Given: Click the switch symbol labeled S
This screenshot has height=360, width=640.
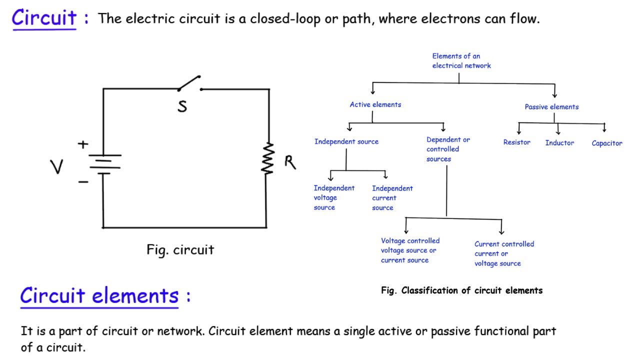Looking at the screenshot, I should pos(189,84).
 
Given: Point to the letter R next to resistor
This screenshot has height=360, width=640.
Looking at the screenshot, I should pos(290,162).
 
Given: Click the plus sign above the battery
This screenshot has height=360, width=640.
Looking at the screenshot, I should pos(83,145).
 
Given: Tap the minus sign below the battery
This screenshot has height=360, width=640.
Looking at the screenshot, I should pos(83,181).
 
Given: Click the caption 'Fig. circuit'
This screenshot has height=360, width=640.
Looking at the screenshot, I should pos(180,249).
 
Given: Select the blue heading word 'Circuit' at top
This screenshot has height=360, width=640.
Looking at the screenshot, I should pos(44,19).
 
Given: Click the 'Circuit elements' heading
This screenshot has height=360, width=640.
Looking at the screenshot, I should pos(99,295).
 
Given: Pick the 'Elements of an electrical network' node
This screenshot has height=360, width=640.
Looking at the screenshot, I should pos(461,61).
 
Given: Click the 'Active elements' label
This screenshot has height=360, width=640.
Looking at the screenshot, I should pos(375,104).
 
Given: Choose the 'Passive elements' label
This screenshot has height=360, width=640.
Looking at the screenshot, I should pos(551,106).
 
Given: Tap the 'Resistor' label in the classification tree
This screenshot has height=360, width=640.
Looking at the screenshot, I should pos(516,142).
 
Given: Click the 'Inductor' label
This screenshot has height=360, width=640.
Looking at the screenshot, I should pos(559,143).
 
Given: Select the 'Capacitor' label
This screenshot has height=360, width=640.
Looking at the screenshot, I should pos(606,143).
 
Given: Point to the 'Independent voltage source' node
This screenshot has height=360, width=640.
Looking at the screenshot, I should pos(334,197).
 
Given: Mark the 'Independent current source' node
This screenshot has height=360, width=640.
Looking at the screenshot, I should pos(392,198).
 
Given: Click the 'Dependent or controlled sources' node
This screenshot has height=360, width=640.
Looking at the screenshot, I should pos(448,149).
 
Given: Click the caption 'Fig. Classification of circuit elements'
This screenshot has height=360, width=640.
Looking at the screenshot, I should pos(461,290).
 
